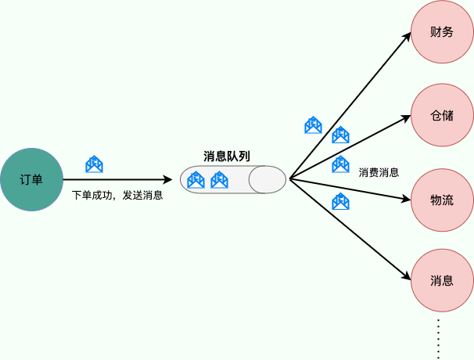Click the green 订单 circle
click(x=31, y=180)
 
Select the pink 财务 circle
click(x=442, y=33)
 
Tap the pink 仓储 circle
click(x=442, y=116)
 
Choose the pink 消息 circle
click(x=442, y=280)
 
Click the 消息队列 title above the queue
click(x=227, y=156)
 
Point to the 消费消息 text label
click(x=379, y=172)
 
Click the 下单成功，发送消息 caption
click(x=117, y=196)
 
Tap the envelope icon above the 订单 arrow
click(x=94, y=164)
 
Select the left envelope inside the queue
click(x=196, y=180)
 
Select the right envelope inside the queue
click(x=219, y=180)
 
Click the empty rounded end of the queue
click(x=268, y=180)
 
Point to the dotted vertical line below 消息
click(x=440, y=337)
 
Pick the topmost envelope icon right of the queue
click(x=313, y=124)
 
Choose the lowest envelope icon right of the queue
click(x=340, y=202)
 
